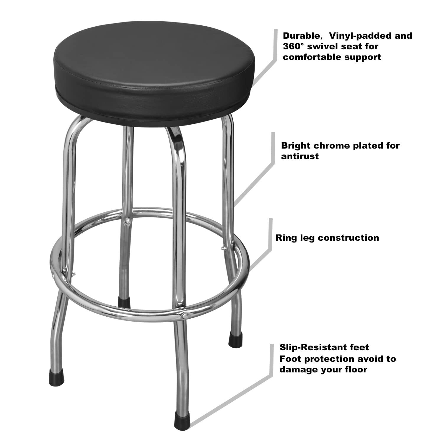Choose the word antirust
coord(299,156)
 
